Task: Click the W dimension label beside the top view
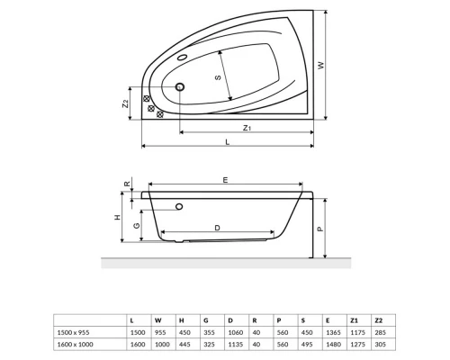point(346,65)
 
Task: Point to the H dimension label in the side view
point(118,218)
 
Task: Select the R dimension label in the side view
point(130,185)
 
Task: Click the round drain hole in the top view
point(180,87)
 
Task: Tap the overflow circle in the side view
point(180,206)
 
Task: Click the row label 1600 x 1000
point(75,343)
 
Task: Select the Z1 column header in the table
point(355,319)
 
